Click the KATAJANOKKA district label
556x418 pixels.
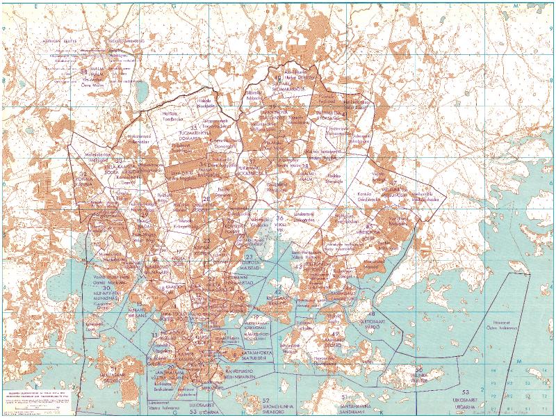click(x=240, y=353)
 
